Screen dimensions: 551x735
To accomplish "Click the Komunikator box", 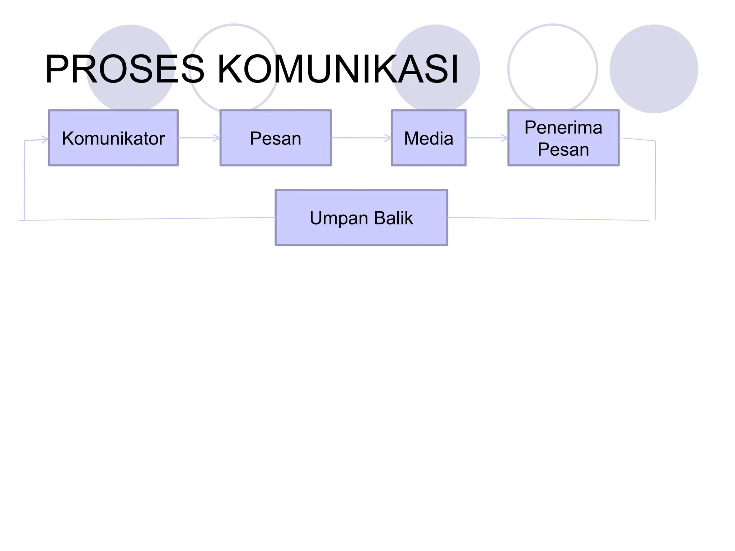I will pos(113,138).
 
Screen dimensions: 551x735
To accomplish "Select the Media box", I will pos(429,138).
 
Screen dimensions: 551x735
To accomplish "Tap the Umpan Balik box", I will pos(361,217).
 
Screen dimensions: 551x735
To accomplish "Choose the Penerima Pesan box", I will pos(563,138).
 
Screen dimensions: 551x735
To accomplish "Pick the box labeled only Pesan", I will pos(275,138).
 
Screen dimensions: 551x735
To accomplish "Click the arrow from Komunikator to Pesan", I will pos(198,138).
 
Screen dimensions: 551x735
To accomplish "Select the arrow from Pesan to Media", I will pos(361,138).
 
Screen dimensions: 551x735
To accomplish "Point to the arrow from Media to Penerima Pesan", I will pos(486,138).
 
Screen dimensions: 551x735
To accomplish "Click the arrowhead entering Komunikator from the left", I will pos(45,140).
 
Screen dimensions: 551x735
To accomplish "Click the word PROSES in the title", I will pos(124,69).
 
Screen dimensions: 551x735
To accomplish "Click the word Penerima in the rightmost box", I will pos(563,127).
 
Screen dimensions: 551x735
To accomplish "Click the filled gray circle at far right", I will pos(654,69).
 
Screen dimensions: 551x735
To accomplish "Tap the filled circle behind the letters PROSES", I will pos(131,39).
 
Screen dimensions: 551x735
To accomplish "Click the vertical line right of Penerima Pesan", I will pos(655,179).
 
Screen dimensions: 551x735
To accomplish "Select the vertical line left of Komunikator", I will pos(24,179).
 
